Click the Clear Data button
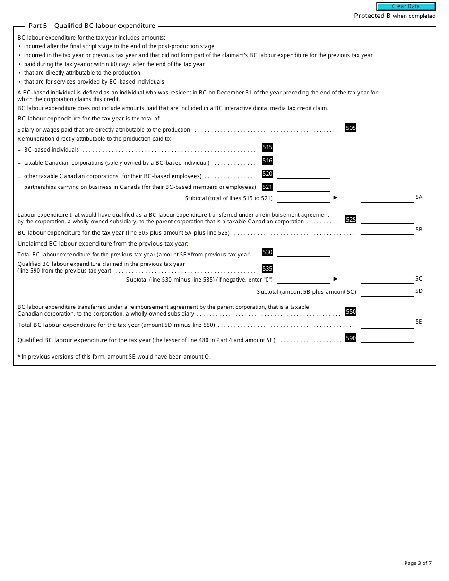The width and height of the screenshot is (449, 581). click(x=406, y=7)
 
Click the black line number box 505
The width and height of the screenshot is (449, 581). click(x=351, y=128)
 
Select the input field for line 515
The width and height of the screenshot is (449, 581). click(x=303, y=147)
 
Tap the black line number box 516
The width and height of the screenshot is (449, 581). click(x=267, y=161)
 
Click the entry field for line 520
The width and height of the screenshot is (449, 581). click(x=303, y=174)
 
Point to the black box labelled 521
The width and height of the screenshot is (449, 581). click(x=267, y=187)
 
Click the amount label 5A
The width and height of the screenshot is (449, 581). click(x=419, y=197)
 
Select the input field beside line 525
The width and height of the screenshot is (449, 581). click(x=387, y=219)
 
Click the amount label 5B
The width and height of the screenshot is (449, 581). click(x=419, y=230)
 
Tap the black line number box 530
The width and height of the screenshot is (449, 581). click(x=267, y=252)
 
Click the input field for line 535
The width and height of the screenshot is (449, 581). click(x=303, y=268)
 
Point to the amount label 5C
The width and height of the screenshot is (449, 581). click(x=419, y=279)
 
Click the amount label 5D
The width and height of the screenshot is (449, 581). click(x=419, y=291)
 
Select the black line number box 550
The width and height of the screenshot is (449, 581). click(x=351, y=312)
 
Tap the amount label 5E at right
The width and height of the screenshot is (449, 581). click(x=419, y=322)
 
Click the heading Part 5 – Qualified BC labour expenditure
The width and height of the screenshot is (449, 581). click(x=92, y=26)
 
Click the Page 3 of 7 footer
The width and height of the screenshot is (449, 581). click(x=418, y=563)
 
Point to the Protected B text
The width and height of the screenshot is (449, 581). click(x=372, y=16)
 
